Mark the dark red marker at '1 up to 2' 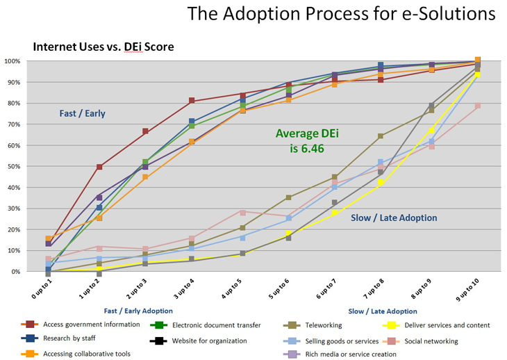point(99,167)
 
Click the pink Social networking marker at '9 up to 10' point(477,106)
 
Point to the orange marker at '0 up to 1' point(48,239)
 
